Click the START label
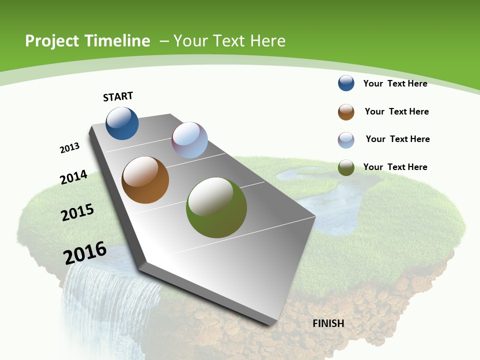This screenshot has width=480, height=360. point(118,96)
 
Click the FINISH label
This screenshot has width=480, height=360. point(328,323)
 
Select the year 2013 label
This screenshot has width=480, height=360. point(70,148)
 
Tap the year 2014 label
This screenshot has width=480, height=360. point(73,177)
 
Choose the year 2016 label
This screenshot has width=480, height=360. point(85,253)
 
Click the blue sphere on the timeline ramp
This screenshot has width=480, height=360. point(122,123)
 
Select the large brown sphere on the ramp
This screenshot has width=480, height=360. point(145,180)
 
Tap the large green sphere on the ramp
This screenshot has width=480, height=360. point(216,207)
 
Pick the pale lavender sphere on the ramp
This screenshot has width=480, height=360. point(189,140)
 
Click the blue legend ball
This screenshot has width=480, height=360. point(346,83)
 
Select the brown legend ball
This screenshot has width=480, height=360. point(346,112)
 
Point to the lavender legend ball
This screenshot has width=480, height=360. point(346,140)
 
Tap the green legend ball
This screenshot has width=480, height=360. point(346,167)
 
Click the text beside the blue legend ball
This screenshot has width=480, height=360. point(395,83)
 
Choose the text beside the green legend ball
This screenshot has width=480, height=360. point(395,167)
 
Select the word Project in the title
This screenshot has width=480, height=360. point(52,41)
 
